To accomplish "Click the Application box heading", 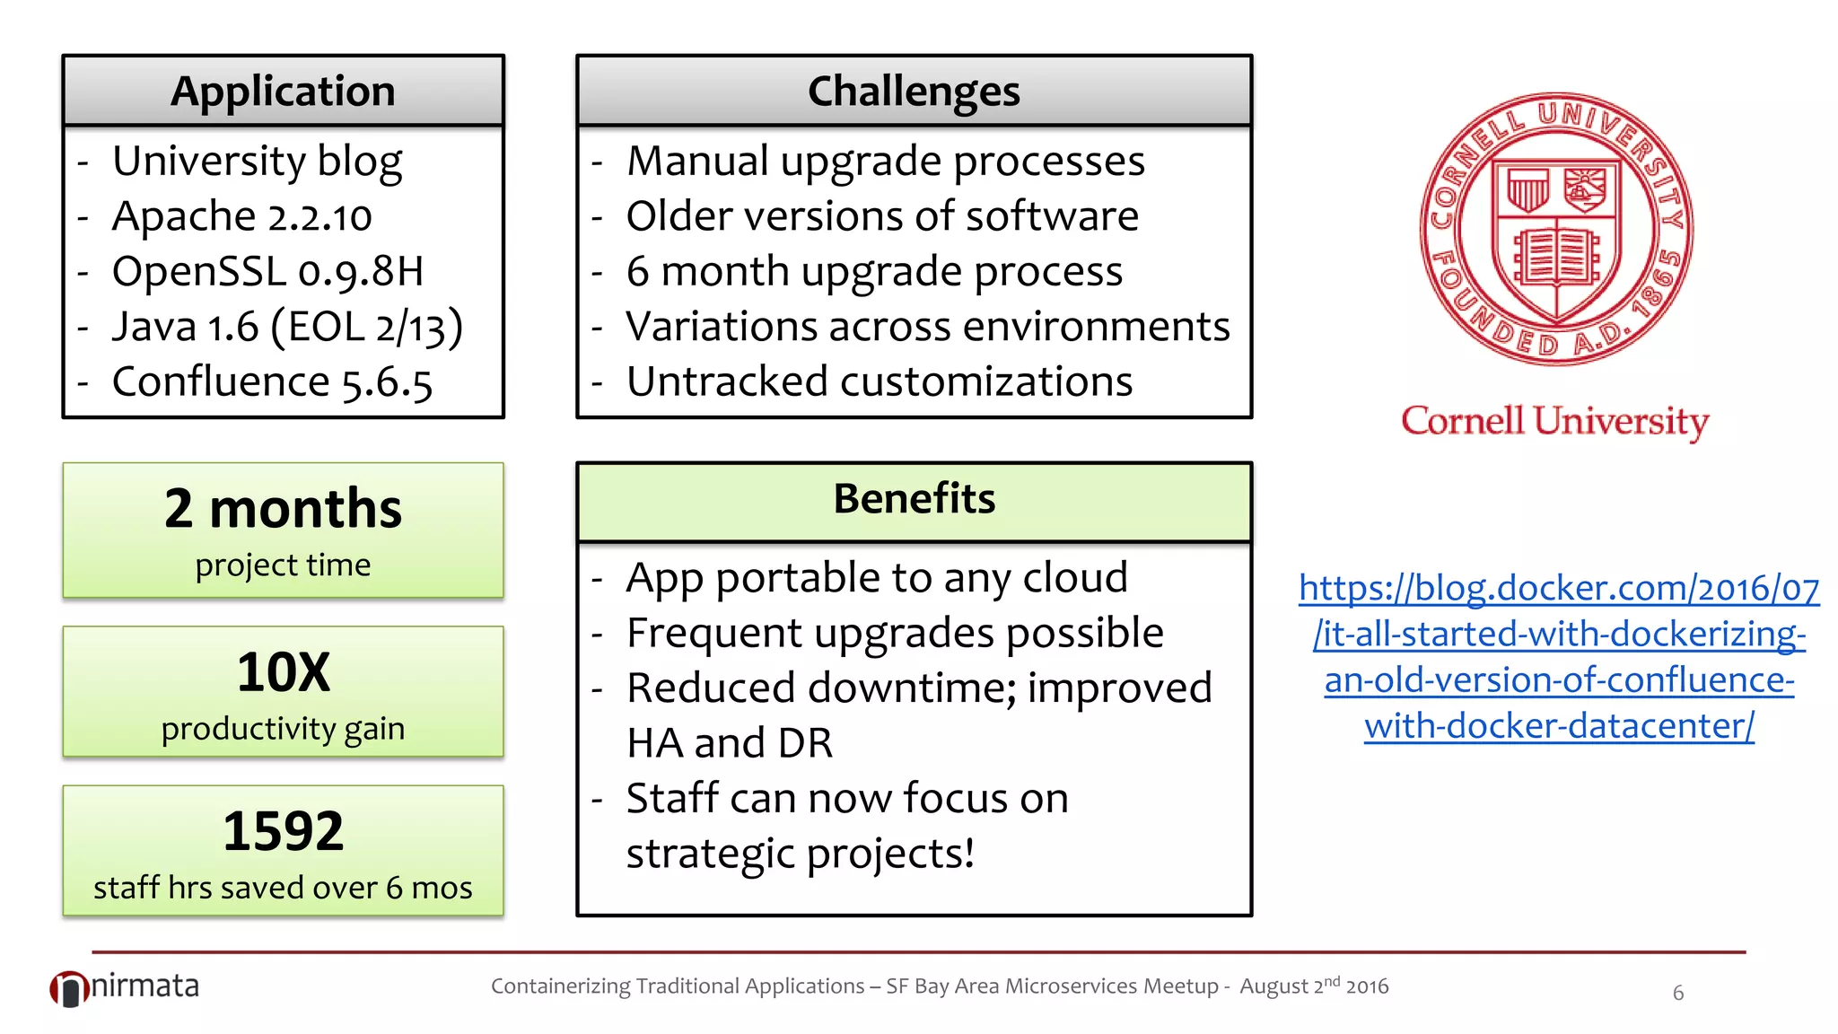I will pos(283,92).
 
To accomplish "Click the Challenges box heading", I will pos(914,92).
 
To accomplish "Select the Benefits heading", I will pos(914,499).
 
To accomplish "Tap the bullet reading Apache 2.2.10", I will pos(241,216).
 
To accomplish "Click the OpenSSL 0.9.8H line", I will pos(267,272).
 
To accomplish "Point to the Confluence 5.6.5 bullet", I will pos(272,382).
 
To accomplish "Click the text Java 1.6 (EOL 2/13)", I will pos(287,327).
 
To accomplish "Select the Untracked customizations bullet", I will pos(879,382).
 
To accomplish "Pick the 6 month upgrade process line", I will pos(873,272).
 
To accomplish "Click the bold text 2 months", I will pos(283,509).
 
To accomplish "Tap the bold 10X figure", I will pos(283,672).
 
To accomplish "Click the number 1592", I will pos(283,831).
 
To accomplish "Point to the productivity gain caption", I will pos(283,729).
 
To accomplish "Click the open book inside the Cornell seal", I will pos(1556,256).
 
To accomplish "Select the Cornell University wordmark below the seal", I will pos(1554,421).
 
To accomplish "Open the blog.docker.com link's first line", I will pos(1559,589).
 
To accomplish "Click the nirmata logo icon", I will pos(68,989).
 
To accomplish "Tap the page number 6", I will pos(1677,993).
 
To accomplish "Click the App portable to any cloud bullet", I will pos(876,578).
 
